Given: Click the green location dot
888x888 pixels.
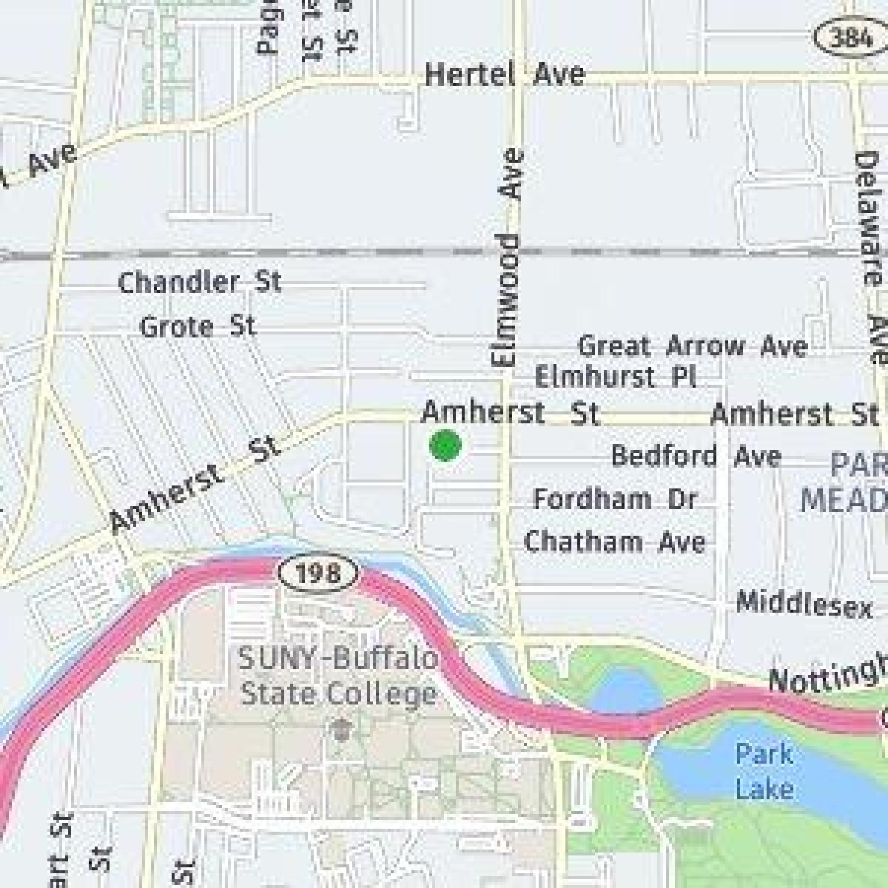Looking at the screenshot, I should [x=445, y=445].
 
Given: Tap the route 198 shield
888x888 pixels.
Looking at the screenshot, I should [x=320, y=572].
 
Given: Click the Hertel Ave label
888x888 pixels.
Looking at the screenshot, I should [x=505, y=74].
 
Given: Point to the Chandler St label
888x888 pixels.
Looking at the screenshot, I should [x=200, y=282].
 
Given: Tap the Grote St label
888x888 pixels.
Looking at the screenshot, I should [x=198, y=326].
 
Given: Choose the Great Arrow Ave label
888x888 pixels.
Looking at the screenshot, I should [x=693, y=346].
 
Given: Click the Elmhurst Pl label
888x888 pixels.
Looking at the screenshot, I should [x=615, y=377].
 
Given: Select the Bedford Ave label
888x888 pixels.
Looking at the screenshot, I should [x=696, y=456].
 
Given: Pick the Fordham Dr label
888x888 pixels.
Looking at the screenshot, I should [x=615, y=499].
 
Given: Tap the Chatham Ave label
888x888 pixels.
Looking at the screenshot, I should [x=614, y=542].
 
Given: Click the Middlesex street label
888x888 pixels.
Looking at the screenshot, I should [x=804, y=604].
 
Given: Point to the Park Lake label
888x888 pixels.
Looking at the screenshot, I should [x=764, y=771].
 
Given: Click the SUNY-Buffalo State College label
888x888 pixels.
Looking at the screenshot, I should [x=339, y=676].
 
